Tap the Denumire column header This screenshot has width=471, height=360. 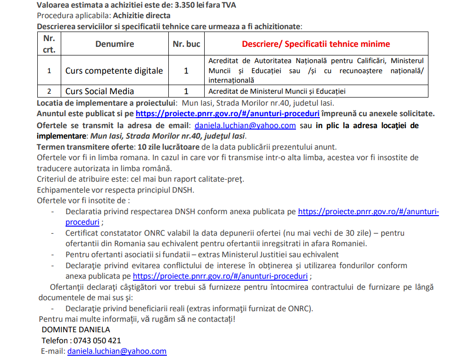coord(114,44)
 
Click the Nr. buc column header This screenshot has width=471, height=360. coord(186,44)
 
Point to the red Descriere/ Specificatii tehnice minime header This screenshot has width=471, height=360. coord(316,44)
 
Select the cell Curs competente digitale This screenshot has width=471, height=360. coord(114,71)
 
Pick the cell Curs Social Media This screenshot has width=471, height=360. coord(99,91)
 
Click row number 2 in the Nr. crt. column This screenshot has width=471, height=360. coord(49,91)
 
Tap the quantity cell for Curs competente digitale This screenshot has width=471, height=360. coord(186,71)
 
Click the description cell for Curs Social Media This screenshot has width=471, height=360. coord(277,91)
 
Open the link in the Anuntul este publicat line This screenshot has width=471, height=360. coord(228,114)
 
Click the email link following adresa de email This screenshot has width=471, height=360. coord(245,125)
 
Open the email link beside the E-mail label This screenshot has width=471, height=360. coord(117,351)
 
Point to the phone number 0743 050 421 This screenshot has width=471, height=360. coord(97,340)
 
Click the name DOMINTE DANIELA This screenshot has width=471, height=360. coord(76,329)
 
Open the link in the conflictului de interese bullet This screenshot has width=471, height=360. coord(220,276)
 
